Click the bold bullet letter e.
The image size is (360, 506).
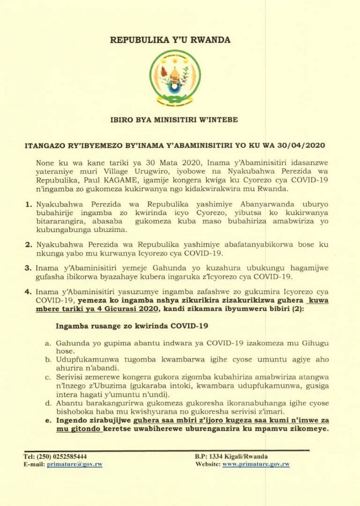pos(48,420)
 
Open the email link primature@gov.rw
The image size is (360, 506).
pos(75,464)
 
